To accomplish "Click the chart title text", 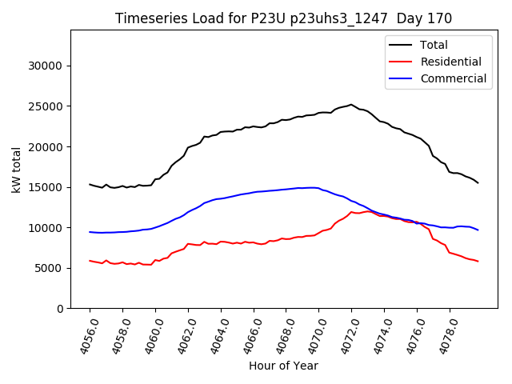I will coord(283,18).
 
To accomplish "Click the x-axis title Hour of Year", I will coord(283,366).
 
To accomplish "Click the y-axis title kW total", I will coord(16,170).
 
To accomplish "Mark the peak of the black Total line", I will coord(351,104).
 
